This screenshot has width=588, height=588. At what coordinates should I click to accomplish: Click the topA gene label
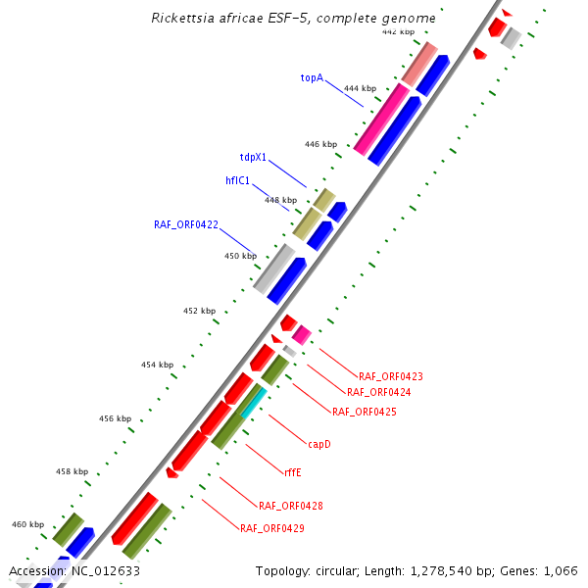312,76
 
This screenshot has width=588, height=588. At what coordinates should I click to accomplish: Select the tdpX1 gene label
253,156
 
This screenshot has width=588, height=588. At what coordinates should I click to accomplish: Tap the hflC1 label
238,180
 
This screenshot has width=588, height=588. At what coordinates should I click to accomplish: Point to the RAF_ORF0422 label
186,224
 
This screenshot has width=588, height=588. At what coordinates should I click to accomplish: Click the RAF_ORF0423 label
391,376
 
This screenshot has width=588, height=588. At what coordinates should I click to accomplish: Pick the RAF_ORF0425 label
365,412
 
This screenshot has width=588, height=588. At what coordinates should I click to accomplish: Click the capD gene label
319,444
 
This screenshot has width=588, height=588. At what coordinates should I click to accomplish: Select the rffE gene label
292,471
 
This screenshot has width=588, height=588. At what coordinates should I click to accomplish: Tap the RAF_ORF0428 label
291,506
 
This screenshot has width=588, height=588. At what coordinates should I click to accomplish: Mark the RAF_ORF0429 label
271,528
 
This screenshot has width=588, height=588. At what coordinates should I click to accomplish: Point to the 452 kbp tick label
199,311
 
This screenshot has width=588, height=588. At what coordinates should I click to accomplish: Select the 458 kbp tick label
72,471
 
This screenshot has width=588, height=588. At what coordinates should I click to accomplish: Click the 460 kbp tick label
27,524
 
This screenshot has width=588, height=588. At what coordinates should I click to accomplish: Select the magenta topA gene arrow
381,119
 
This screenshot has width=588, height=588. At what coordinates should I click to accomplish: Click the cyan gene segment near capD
254,400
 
